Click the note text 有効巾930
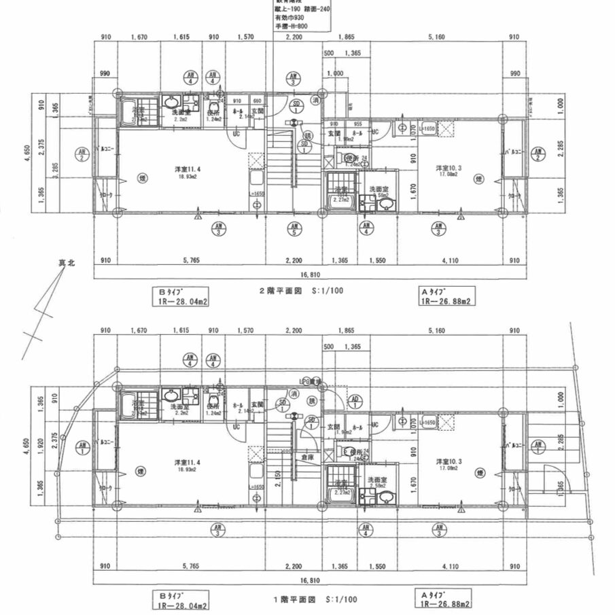point(289,18)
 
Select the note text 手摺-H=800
point(291,27)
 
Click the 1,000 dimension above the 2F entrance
point(334,73)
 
